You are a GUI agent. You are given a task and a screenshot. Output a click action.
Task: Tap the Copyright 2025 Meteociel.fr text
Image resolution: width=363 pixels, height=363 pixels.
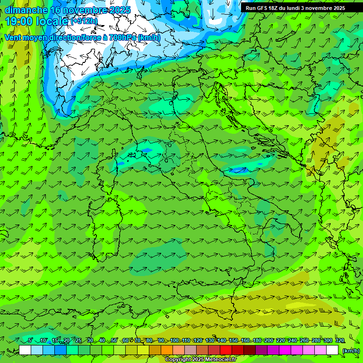pyautogui.click(x=201, y=360)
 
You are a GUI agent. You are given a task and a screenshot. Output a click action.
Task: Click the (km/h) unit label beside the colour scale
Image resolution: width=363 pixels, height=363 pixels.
pyautogui.click(x=350, y=350)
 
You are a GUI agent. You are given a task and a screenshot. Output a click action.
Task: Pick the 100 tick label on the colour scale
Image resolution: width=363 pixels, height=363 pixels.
pyautogui.click(x=174, y=341)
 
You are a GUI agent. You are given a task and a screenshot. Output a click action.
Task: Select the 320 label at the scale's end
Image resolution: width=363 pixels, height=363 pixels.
pyautogui.click(x=340, y=341)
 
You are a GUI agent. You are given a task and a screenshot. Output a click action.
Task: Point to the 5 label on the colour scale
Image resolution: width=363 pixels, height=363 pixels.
pyautogui.click(x=30, y=341)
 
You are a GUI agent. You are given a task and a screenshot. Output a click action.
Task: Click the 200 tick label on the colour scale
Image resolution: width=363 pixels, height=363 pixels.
pyautogui.click(x=269, y=341)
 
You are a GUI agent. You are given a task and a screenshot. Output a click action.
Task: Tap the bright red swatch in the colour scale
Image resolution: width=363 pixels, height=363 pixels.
pyautogui.click(x=226, y=350)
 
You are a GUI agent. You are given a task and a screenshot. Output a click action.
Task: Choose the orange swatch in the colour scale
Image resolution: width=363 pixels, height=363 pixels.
pyautogui.click(x=167, y=350)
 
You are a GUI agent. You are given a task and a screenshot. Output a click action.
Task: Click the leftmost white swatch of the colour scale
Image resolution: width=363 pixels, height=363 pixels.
pyautogui.click(x=25, y=350)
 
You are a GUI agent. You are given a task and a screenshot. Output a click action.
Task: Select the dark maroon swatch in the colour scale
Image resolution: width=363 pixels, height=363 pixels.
pyautogui.click(x=250, y=350)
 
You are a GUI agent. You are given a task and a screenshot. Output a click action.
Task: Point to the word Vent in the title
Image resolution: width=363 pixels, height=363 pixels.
pyautogui.click(x=13, y=37)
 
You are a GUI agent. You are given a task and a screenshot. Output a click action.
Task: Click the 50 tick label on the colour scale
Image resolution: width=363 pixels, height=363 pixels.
pyautogui.click(x=114, y=341)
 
